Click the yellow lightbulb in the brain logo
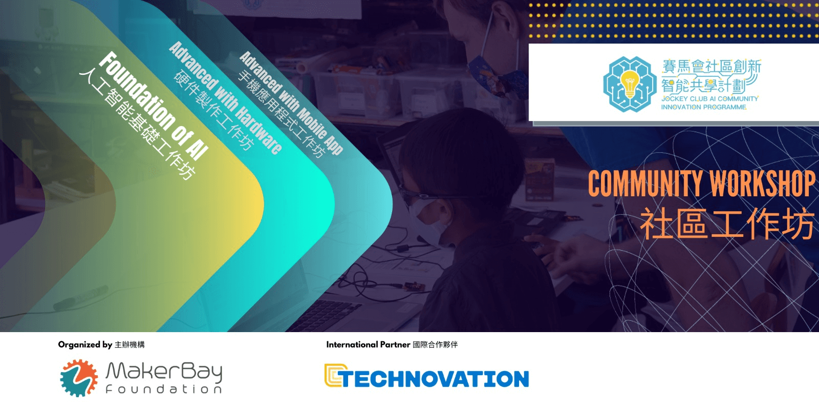[630, 84]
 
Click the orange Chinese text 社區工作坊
[727, 223]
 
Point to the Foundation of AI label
[154, 106]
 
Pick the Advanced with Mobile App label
[291, 102]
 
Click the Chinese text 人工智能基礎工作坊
[137, 125]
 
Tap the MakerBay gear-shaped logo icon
[79, 378]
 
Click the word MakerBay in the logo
[164, 372]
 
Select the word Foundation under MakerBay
[164, 389]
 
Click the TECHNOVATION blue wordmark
[435, 379]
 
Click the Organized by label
[85, 344]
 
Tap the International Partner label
[368, 344]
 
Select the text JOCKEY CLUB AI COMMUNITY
[709, 99]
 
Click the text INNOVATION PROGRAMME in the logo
[703, 107]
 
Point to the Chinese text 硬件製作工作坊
[213, 110]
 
